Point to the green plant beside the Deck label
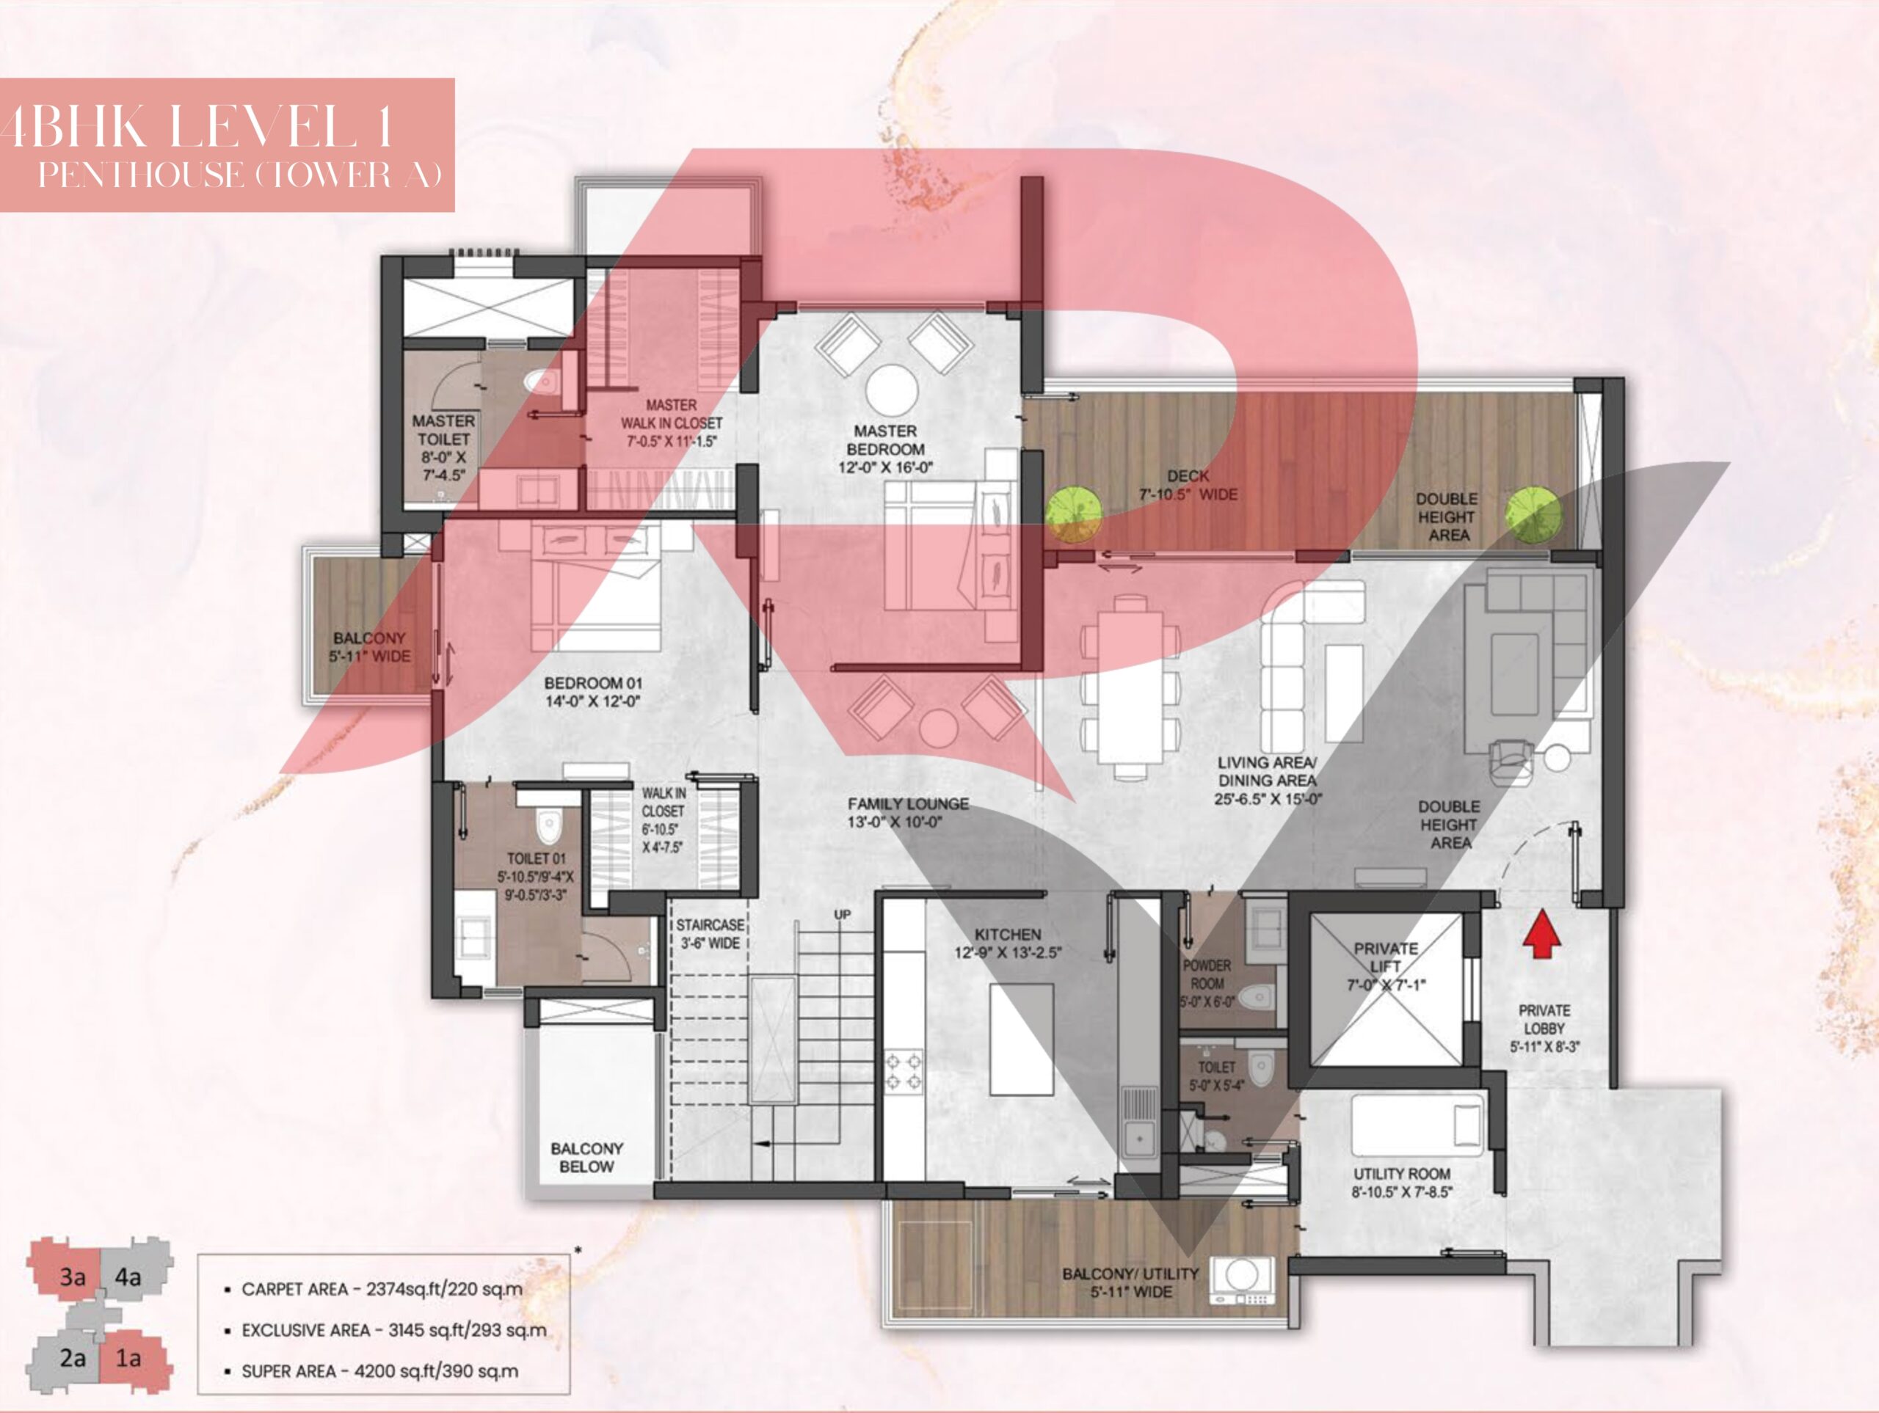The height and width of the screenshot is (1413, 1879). [1074, 513]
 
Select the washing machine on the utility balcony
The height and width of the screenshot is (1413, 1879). [1242, 1282]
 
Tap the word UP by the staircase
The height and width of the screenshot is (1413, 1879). [842, 915]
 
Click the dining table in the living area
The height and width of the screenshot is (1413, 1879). [1130, 687]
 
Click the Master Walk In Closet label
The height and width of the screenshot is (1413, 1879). [671, 423]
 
